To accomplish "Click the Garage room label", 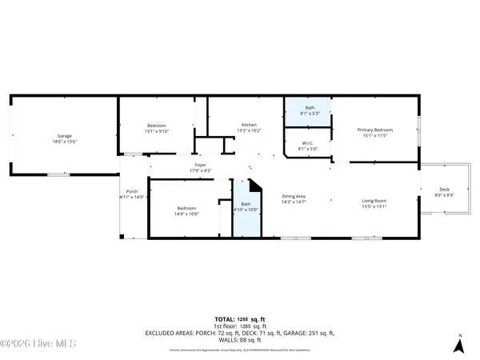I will [x=65, y=136].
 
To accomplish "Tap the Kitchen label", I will [x=250, y=125].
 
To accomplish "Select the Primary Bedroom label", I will [x=375, y=130].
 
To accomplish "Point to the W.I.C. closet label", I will [x=308, y=143].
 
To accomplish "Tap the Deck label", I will [x=445, y=190].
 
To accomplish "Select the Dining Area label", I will [x=294, y=197].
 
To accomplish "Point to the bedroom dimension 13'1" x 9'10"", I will [x=156, y=131].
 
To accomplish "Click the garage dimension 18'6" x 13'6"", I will [x=65, y=142].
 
